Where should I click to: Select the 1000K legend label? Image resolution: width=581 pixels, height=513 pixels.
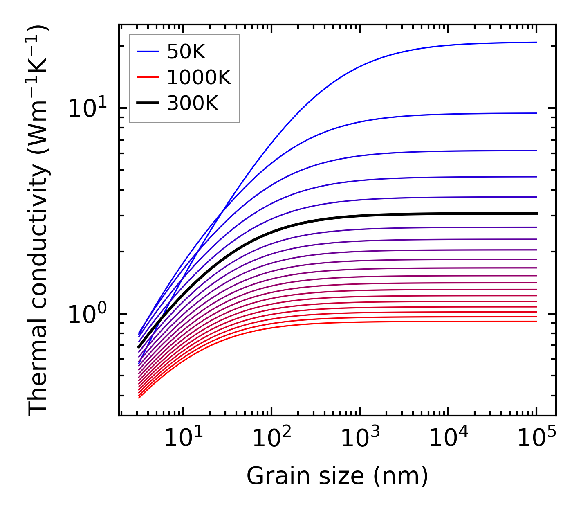(199, 77)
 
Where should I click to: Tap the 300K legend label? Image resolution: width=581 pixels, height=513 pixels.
(193, 103)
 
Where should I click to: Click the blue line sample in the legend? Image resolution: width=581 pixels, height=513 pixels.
(148, 52)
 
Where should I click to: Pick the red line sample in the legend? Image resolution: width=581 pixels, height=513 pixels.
(148, 77)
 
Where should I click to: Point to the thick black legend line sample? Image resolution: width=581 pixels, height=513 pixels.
(148, 103)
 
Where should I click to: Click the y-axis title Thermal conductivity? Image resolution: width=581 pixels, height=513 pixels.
(38, 220)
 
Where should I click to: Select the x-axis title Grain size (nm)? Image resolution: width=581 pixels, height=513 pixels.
(337, 476)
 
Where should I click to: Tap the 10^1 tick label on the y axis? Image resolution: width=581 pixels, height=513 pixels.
(87, 108)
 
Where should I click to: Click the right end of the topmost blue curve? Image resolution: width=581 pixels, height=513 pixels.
(536, 42)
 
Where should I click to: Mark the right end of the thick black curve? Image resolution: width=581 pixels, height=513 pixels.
(536, 213)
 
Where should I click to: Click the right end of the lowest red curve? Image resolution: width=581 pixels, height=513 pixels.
(536, 321)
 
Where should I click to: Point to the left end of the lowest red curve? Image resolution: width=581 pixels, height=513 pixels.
(139, 398)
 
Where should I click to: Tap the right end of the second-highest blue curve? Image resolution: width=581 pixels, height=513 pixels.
(536, 113)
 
